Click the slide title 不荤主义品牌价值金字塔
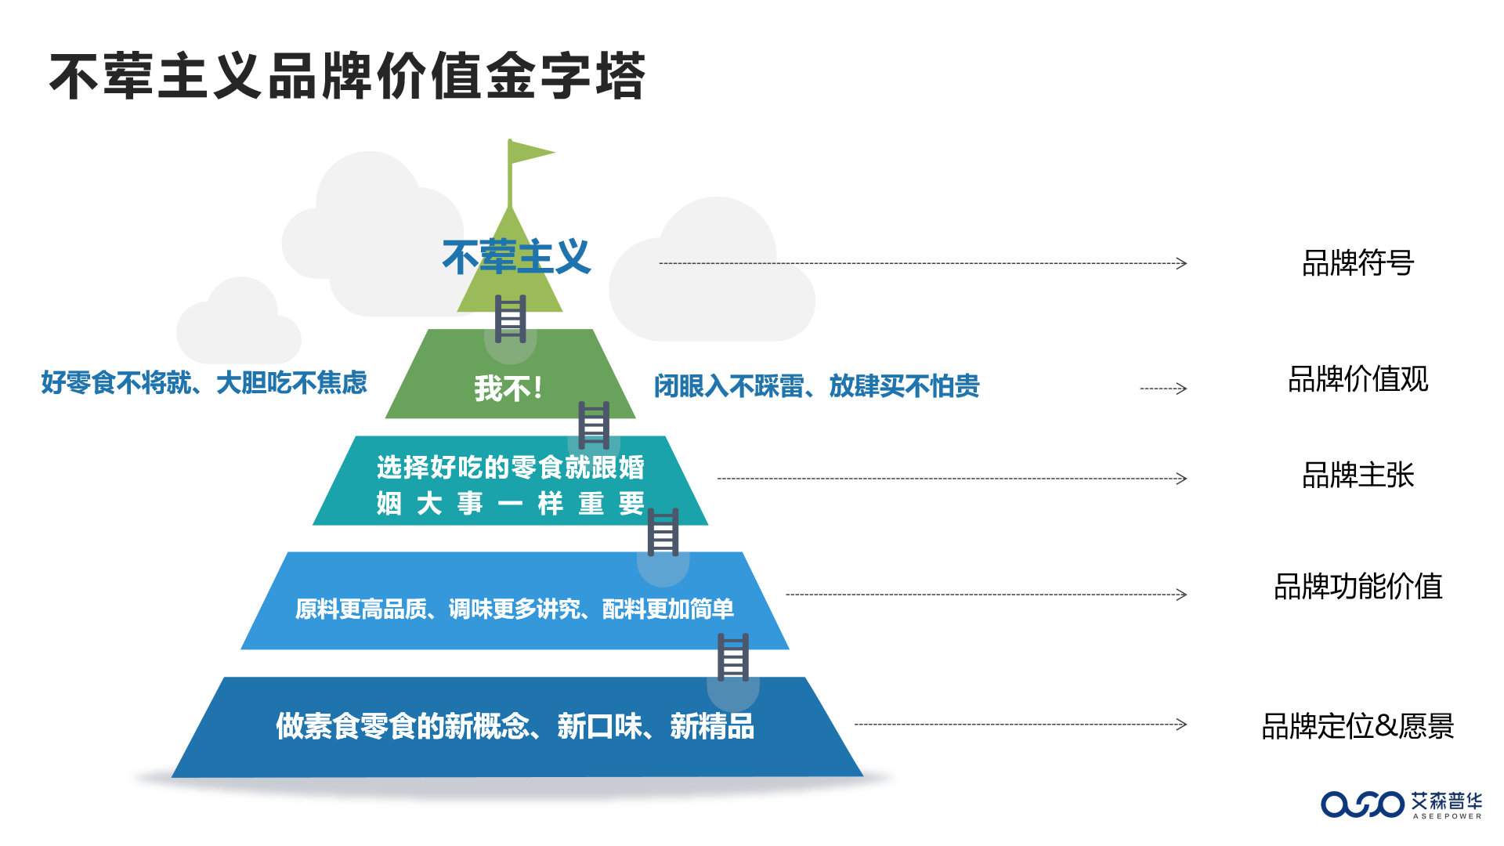tap(348, 76)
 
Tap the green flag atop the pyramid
tap(530, 152)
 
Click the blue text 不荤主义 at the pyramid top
tap(516, 257)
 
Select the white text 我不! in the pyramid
tap(508, 388)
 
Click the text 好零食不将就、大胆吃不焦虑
tap(204, 382)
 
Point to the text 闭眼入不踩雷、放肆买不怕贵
tap(816, 385)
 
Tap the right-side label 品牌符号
tap(1358, 263)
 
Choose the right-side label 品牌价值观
tap(1358, 379)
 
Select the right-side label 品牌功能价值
tap(1358, 587)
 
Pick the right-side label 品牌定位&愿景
tap(1358, 726)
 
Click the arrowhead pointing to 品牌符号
tap(1182, 263)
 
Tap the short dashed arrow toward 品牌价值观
tap(1163, 388)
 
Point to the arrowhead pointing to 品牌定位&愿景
tap(1182, 725)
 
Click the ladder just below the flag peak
tap(510, 319)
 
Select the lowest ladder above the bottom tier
tap(733, 657)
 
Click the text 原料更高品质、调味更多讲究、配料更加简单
tap(515, 609)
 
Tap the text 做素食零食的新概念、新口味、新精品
tap(515, 726)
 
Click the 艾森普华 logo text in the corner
tap(1446, 801)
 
